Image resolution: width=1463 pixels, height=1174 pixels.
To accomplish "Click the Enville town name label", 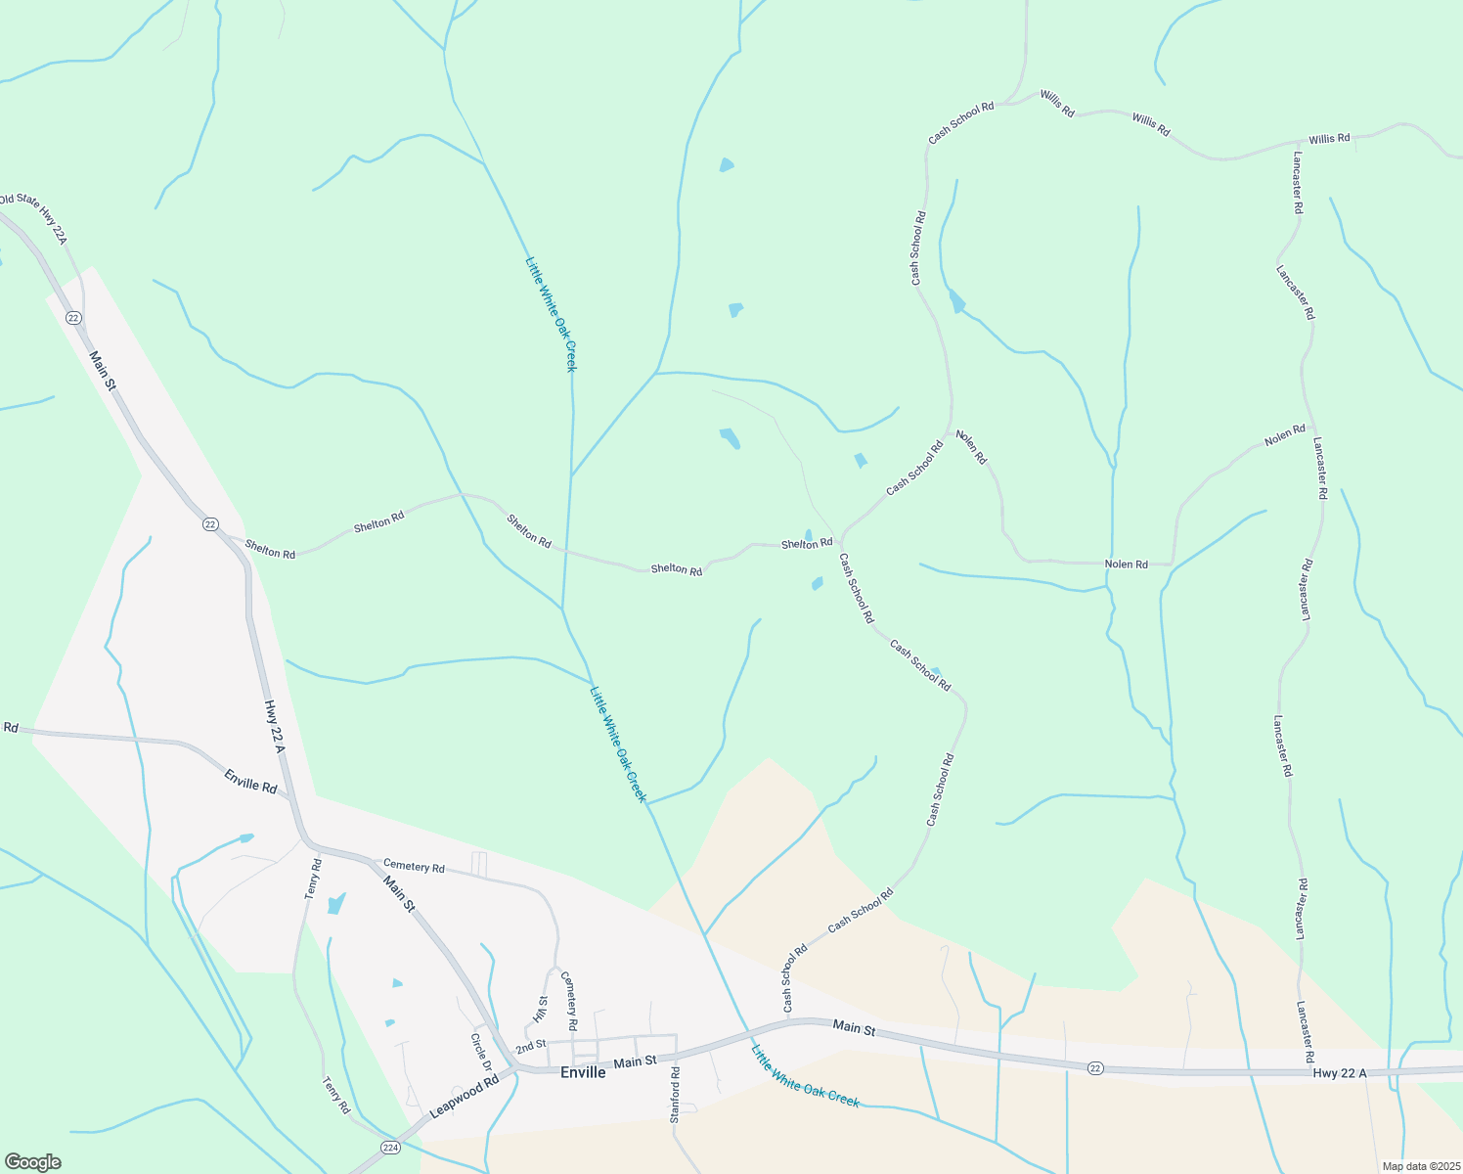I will coord(582,1072).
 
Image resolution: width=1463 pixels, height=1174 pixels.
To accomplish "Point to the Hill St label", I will coord(540,1009).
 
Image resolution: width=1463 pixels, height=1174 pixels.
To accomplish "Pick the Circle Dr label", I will coord(480,1052).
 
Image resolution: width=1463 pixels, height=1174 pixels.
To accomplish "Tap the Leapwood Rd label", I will coord(465,1098).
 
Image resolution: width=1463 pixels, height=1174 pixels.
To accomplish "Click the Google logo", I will coord(32,1162).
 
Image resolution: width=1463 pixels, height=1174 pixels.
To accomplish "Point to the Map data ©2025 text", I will coord(1420,1166).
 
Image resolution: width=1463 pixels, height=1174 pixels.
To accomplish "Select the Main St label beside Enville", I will coord(636,1062).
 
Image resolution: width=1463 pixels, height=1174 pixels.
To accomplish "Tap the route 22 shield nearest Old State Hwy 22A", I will coord(73,318).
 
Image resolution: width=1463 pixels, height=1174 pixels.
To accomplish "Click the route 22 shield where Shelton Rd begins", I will coord(210,524).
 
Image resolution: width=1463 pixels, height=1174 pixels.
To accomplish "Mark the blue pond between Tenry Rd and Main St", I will coord(336,903).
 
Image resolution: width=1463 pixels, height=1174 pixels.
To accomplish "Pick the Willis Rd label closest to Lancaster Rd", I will coord(1329,139).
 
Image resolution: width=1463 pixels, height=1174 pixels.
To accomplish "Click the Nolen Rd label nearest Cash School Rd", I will coord(971,447).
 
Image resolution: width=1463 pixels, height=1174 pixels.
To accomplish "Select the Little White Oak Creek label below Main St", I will coord(805,1076).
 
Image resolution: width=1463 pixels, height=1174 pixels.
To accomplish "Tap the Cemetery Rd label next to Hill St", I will coord(568,1001).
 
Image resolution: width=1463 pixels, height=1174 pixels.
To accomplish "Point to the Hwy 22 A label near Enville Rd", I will coord(273,726).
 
